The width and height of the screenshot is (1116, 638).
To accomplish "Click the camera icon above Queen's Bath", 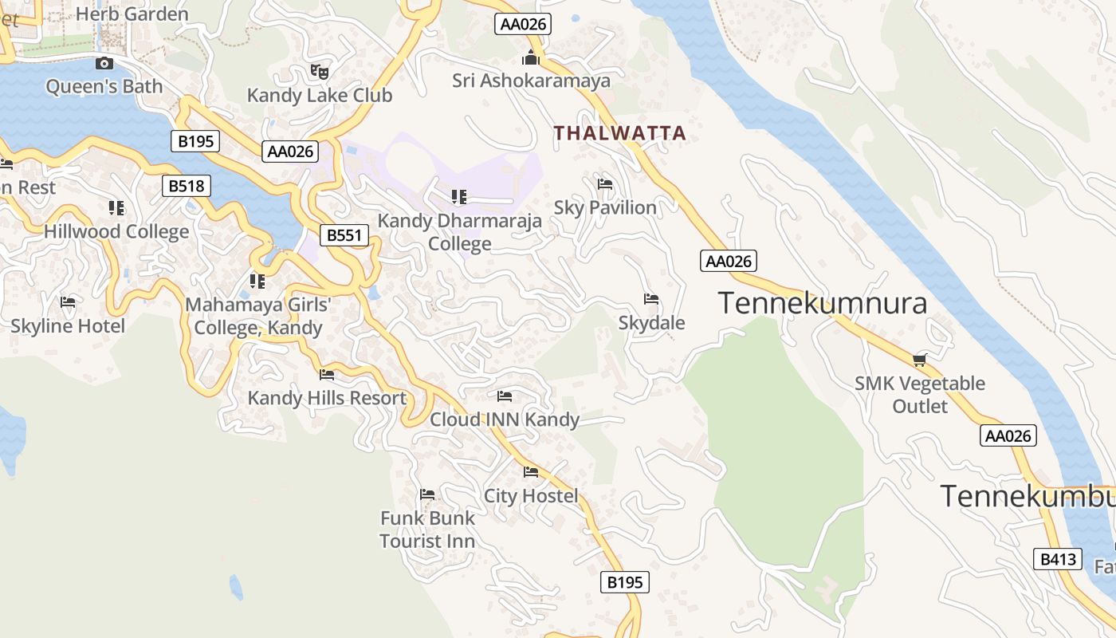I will (x=104, y=64).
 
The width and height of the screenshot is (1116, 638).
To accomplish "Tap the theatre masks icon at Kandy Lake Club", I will (x=320, y=72).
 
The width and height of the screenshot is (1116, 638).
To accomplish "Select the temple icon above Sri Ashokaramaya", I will (x=531, y=57).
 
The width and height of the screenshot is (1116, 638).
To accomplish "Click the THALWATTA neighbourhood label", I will (x=620, y=133).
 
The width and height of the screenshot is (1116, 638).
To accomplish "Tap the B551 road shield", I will (x=345, y=235).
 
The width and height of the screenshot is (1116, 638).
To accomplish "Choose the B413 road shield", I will (x=1059, y=559).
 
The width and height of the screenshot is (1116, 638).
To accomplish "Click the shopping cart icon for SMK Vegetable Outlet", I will (x=919, y=360).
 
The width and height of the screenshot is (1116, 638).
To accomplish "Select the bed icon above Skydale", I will (x=651, y=300).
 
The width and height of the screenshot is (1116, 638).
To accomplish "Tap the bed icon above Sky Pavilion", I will (x=605, y=185).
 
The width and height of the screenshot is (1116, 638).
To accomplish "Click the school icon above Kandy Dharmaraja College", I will (x=458, y=196).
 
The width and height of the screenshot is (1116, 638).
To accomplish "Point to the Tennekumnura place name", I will (x=823, y=304).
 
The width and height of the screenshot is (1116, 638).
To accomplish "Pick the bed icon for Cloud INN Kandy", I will (x=505, y=396).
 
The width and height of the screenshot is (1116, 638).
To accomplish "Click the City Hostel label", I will (x=531, y=496).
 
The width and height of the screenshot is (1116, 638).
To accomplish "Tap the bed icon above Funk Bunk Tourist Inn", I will (x=427, y=495).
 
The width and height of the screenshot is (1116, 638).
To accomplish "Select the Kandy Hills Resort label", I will (x=327, y=398).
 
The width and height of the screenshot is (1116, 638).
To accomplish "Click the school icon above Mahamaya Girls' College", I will (x=257, y=282).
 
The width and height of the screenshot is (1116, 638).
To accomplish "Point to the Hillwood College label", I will (x=116, y=232).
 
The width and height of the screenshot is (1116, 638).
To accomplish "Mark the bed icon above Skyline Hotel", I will (x=68, y=303).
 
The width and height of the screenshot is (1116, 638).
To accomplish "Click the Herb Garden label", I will (x=132, y=14).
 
